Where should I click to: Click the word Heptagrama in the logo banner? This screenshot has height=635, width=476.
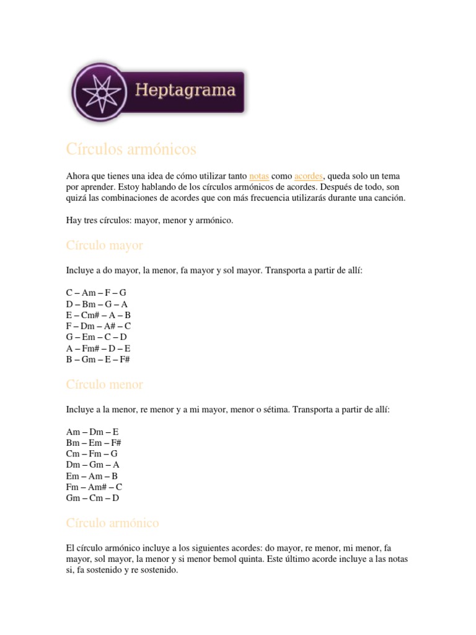(185, 91)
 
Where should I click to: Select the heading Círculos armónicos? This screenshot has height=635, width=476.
(131, 149)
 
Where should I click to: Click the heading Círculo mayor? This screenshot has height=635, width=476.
(104, 246)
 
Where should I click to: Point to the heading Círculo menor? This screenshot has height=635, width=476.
(104, 384)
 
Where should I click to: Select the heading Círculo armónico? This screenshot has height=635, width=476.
(112, 523)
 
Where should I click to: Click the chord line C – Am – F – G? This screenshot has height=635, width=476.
(96, 292)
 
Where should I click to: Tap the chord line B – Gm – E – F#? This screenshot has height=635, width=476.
(98, 359)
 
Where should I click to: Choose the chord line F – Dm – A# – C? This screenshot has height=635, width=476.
(99, 326)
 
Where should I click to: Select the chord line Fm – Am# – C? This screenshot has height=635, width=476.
(94, 487)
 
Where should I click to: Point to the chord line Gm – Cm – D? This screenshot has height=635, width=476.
(92, 498)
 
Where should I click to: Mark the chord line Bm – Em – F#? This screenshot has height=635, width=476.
(94, 442)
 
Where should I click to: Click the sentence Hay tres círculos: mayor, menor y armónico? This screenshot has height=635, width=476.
(149, 220)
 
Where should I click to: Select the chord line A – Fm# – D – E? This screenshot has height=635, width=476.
(99, 348)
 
